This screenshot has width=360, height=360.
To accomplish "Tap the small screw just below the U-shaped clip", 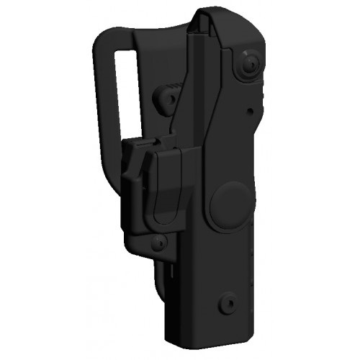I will click(x=159, y=242).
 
